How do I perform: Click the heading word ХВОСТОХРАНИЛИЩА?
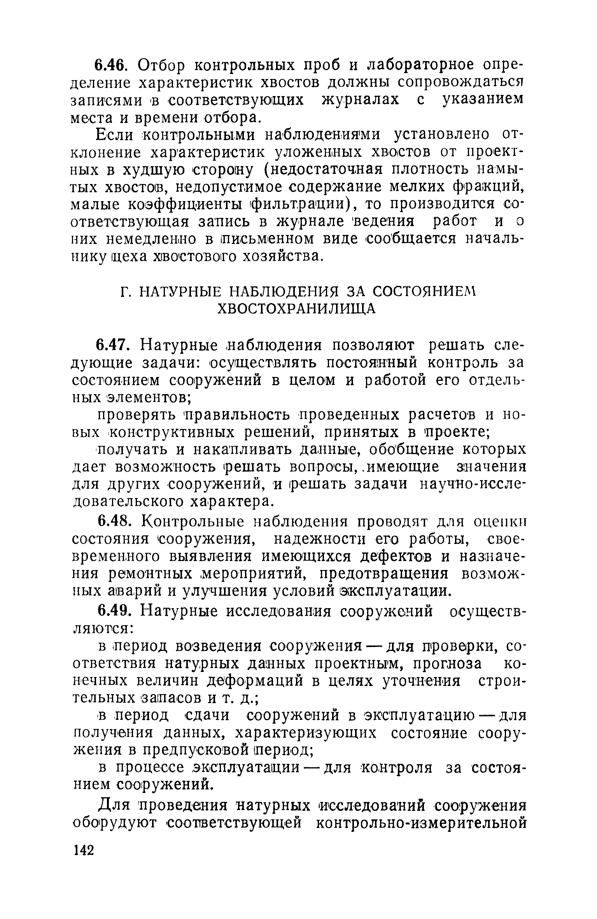[x=297, y=309]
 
